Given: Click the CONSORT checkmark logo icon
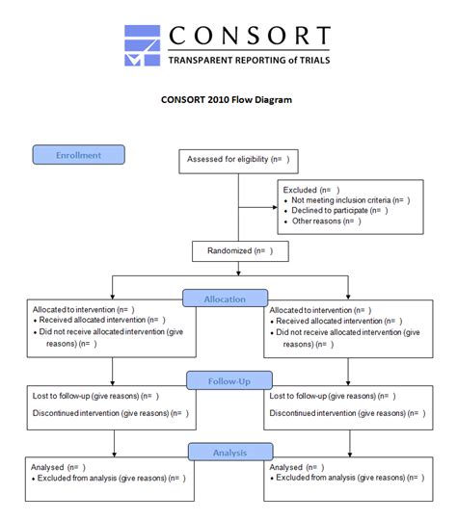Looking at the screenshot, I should coord(143,46).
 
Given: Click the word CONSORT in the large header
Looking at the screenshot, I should coord(249,37).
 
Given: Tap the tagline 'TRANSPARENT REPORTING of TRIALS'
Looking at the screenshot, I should coord(249,61).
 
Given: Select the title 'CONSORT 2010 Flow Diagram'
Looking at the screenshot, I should coord(228,99).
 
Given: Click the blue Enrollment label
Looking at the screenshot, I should coord(79,155).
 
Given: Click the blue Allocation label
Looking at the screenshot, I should coord(224,299).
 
